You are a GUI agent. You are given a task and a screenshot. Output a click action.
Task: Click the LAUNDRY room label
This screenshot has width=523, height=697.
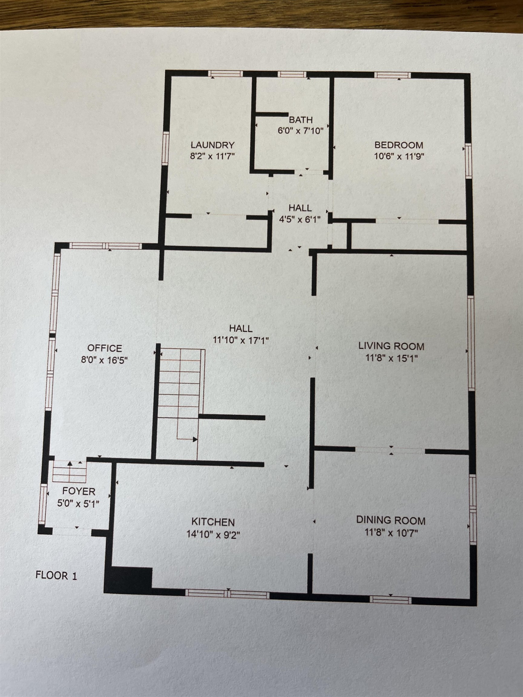point(212,145)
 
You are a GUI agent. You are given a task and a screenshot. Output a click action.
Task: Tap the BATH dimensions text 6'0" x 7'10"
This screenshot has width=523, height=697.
point(301,131)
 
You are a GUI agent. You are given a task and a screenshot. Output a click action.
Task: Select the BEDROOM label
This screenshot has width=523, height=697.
point(399,145)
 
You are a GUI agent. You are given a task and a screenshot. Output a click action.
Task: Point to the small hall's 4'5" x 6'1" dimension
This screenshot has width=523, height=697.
point(300,220)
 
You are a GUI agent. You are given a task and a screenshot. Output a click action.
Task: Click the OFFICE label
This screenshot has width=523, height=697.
point(105,348)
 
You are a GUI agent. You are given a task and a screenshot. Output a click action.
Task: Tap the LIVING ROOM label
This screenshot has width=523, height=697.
point(391,346)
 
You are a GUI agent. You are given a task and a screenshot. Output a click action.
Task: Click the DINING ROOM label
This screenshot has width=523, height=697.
point(391,521)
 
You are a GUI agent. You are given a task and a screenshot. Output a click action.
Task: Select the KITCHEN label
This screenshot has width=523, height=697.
point(213,522)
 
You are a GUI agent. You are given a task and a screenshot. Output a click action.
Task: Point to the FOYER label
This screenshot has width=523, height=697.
point(79,491)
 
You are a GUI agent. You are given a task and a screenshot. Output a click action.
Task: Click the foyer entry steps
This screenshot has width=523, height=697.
point(69,472)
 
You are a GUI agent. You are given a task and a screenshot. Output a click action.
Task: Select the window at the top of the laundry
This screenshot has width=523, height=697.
point(225,74)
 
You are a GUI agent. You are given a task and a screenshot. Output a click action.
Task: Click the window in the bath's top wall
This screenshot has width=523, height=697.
point(292,74)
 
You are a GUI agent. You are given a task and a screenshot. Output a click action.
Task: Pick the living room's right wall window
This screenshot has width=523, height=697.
point(471,342)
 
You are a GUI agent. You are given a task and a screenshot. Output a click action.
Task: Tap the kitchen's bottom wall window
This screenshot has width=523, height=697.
point(227,594)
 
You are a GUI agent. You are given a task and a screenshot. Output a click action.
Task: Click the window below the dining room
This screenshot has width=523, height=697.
point(391,599)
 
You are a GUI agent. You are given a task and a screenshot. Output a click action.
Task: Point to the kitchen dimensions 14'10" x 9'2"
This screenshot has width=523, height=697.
point(213,534)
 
